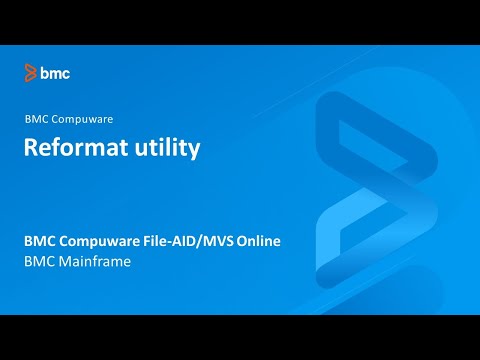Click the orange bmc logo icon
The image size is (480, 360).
(31, 73)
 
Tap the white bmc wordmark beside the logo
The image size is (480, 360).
(55, 73)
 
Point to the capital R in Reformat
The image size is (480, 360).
(32, 148)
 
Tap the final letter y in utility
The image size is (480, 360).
(195, 150)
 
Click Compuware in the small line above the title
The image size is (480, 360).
(76, 118)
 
